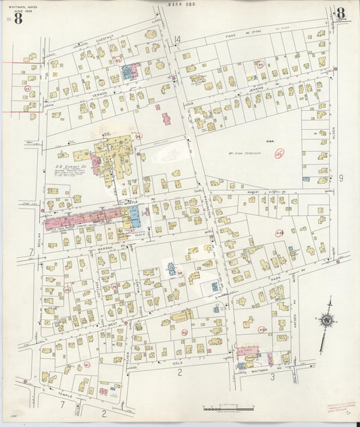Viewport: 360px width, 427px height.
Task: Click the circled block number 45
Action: click(x=279, y=154)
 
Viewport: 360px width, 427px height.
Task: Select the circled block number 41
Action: click(x=86, y=365)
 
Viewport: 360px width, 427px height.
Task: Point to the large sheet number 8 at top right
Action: click(x=340, y=13)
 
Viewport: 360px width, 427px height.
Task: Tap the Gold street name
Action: click(x=177, y=362)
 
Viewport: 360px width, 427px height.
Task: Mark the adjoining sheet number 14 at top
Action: click(x=178, y=41)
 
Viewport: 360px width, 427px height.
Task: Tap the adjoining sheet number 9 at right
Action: click(x=341, y=178)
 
